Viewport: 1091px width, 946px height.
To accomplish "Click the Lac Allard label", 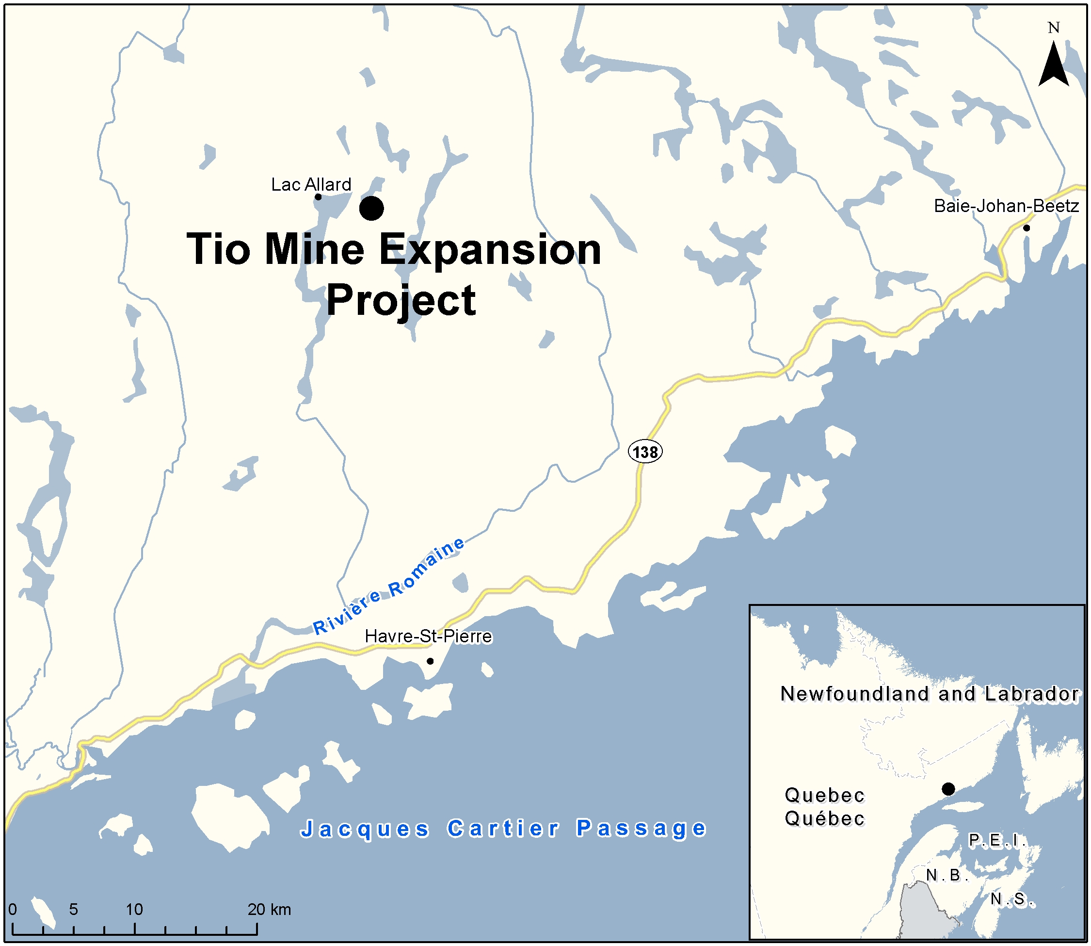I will [x=311, y=184].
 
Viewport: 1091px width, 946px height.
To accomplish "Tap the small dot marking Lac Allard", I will [x=318, y=197].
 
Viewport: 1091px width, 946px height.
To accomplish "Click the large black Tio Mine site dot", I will [x=371, y=209].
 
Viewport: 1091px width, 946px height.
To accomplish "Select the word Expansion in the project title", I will [x=490, y=250].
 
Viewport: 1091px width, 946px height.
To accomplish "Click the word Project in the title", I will [x=401, y=300].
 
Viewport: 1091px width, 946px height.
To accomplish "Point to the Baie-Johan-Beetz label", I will [x=1006, y=206].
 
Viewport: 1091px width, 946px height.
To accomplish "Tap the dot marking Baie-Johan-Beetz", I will [x=1026, y=228].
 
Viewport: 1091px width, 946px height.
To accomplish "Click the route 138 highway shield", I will [x=645, y=452].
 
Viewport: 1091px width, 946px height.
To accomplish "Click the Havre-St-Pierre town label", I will [x=428, y=636].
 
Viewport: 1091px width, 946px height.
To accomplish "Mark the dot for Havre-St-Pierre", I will [x=430, y=661].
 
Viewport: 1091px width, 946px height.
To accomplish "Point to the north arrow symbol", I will [x=1053, y=65].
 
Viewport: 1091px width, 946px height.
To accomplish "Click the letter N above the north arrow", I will [x=1053, y=28].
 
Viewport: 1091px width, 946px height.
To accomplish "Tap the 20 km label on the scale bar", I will [x=269, y=909].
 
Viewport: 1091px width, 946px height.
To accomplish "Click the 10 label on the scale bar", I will [x=134, y=909].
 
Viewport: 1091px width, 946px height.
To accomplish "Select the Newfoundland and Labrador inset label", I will [x=930, y=694].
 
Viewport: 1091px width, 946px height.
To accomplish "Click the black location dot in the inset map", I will [x=948, y=789].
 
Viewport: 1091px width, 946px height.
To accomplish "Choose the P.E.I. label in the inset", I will [x=997, y=840].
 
